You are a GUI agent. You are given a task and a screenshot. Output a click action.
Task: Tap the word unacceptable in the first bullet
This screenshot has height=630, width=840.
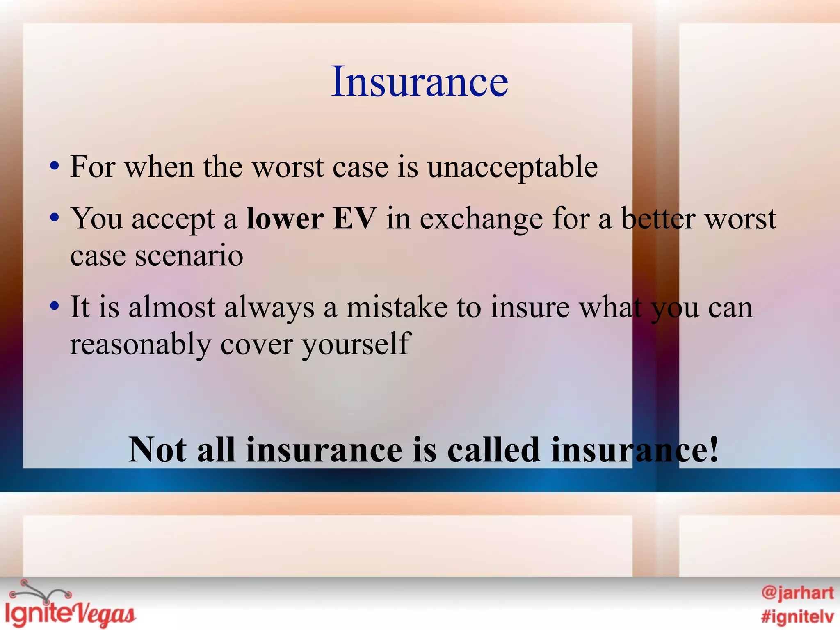512,167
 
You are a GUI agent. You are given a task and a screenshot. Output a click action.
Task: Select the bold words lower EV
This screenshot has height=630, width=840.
311,219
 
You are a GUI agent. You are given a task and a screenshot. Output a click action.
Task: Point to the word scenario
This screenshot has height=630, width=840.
189,256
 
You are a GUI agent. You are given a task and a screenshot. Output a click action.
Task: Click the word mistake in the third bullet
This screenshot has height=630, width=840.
397,307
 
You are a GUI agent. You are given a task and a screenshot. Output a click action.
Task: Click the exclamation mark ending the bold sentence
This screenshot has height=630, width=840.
713,450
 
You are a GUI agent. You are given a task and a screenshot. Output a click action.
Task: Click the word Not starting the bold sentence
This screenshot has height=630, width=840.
158,450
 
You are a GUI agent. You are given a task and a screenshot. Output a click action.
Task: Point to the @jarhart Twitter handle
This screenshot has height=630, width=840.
797,593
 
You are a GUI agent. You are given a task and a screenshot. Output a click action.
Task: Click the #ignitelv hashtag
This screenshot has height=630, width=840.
797,616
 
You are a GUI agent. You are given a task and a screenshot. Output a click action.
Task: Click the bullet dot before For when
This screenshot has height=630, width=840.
54,167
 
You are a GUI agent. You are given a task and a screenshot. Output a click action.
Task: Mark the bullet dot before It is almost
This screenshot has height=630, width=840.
54,307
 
